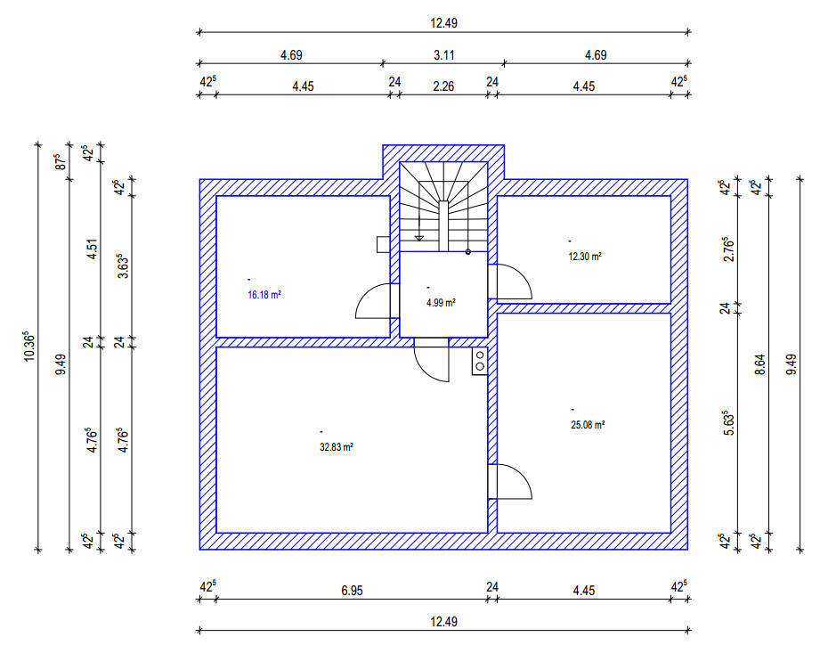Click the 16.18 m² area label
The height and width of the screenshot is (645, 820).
tap(264, 293)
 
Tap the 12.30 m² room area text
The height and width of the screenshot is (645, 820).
tap(585, 257)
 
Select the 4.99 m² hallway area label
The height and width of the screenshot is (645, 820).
tap(441, 302)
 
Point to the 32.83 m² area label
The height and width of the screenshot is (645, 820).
tap(337, 447)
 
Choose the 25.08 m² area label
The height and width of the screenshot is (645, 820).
tap(588, 425)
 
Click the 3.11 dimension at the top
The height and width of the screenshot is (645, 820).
tap(443, 55)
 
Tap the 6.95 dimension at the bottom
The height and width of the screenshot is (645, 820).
tap(352, 589)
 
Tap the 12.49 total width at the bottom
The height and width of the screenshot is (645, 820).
tap(443, 621)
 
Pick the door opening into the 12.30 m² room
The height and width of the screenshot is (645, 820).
tap(513, 282)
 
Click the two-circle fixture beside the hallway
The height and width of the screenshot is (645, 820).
tap(479, 360)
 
